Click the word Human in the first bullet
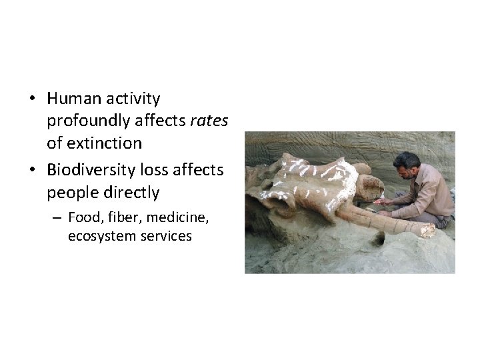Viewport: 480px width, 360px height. pyautogui.click(x=72, y=99)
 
